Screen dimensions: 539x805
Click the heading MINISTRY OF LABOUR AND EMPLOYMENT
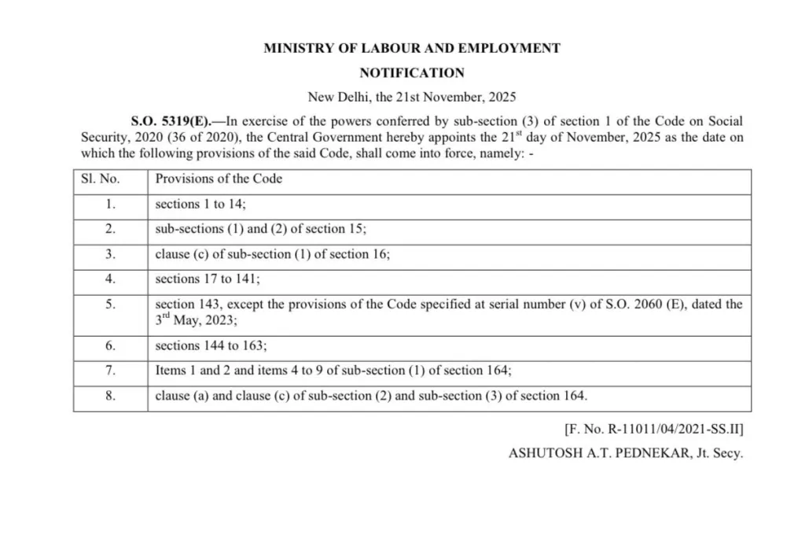click(x=412, y=48)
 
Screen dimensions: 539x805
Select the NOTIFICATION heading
click(x=412, y=73)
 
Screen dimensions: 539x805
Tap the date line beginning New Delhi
click(x=412, y=98)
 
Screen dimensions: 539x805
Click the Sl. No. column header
click(x=100, y=179)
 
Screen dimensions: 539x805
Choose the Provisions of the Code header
click(x=219, y=179)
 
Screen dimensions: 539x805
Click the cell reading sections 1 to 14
click(x=201, y=204)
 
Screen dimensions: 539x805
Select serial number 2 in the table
click(x=111, y=229)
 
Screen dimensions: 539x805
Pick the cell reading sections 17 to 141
click(x=208, y=279)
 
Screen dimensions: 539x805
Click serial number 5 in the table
click(x=111, y=305)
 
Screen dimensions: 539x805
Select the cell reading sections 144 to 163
click(x=211, y=345)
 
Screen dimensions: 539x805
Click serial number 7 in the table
click(x=111, y=370)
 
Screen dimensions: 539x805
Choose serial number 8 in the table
click(x=111, y=396)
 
